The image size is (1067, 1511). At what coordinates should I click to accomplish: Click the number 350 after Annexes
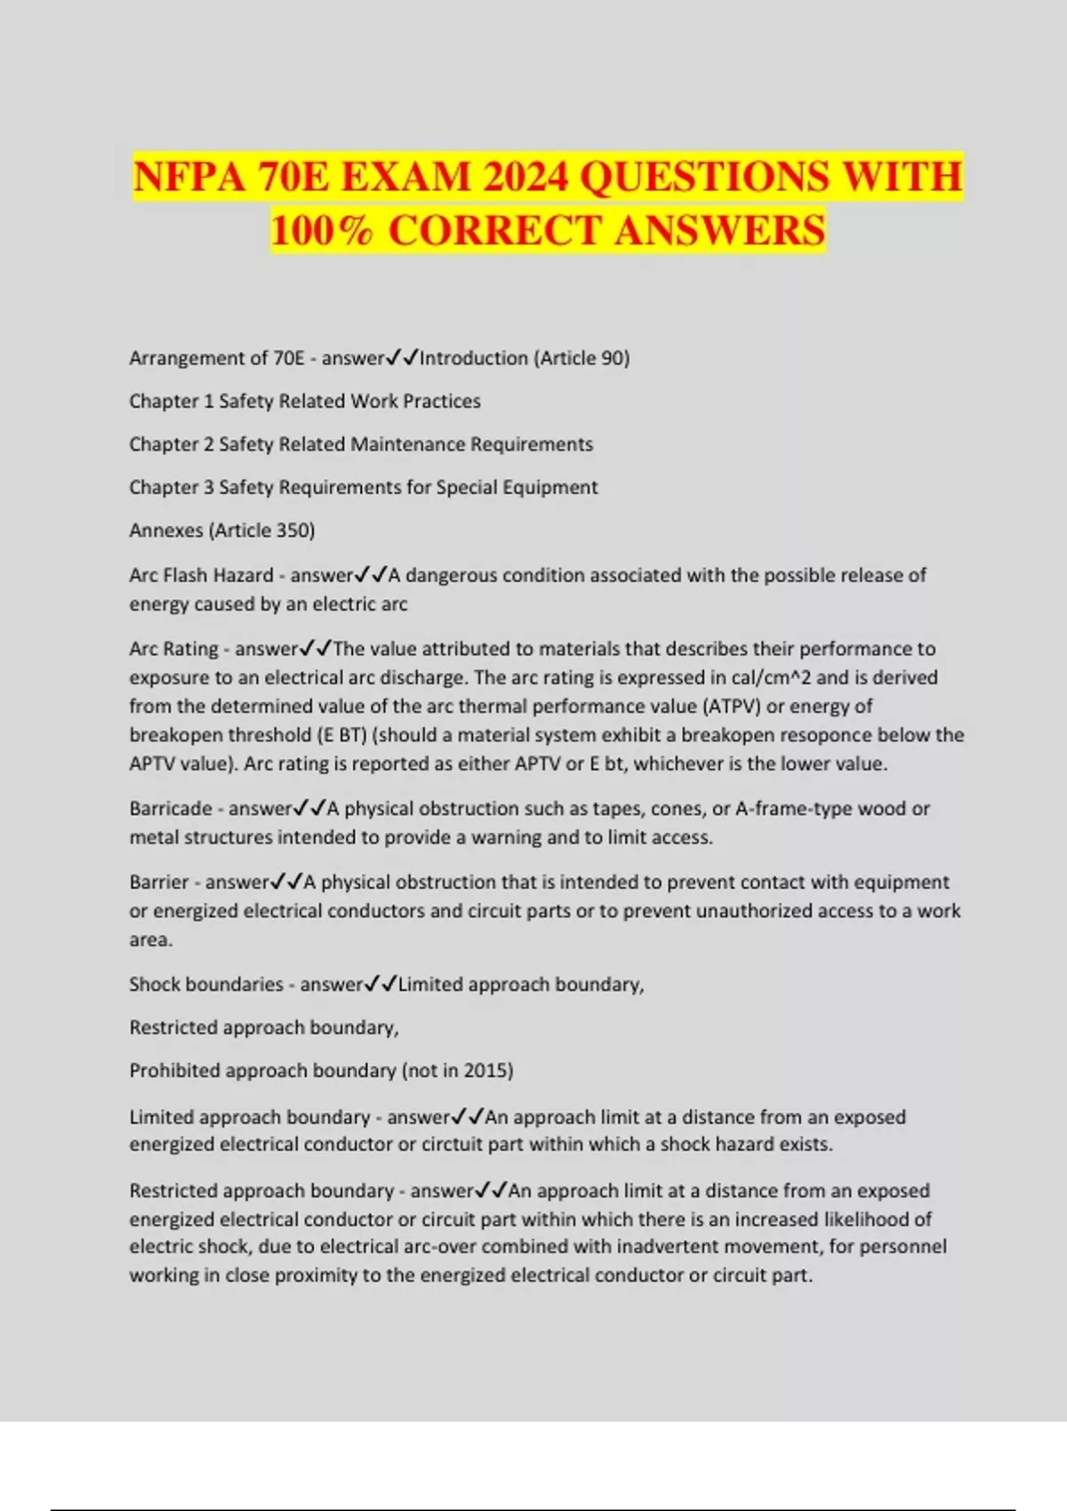[x=293, y=531]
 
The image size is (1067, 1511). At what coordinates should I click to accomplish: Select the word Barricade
[x=171, y=809]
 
